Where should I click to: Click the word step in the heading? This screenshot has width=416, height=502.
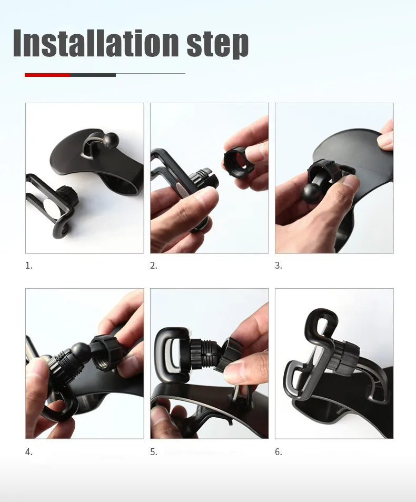[x=217, y=44]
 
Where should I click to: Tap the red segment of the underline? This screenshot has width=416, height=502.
[x=47, y=75]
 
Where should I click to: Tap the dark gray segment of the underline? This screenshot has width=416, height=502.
[x=93, y=75]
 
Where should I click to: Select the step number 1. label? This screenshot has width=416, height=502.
[x=29, y=265]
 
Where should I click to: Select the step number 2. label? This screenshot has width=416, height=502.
[x=154, y=265]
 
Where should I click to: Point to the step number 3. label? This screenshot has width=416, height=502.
[x=279, y=265]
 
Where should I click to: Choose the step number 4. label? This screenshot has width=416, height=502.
[x=29, y=452]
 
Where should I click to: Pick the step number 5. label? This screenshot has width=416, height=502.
[x=154, y=452]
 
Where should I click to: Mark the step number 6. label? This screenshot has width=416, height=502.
[x=279, y=452]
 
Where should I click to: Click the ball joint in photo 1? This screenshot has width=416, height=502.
[x=111, y=140]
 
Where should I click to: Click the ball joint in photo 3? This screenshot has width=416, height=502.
[x=312, y=193]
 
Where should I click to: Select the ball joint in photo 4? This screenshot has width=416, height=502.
[x=81, y=351]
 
